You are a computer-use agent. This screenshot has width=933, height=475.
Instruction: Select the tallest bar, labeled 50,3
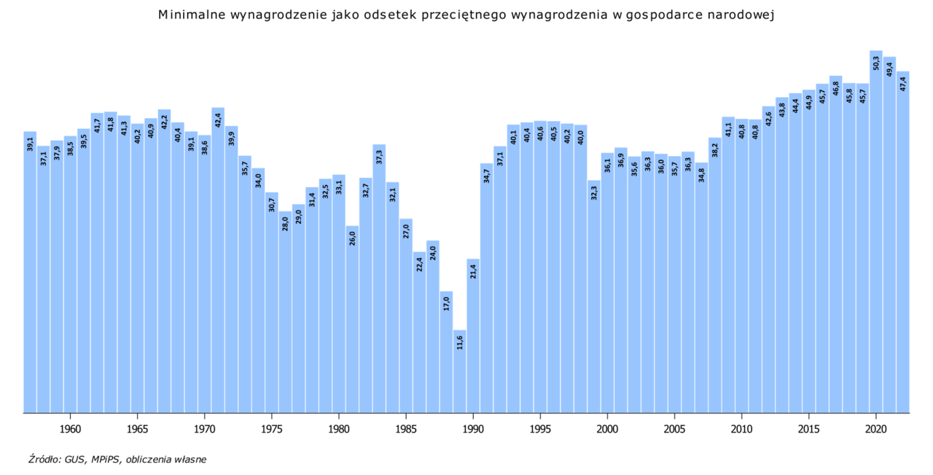[x=876, y=233]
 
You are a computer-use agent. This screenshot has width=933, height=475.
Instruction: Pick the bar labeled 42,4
[x=218, y=262]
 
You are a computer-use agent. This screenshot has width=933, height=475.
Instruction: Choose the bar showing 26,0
[x=352, y=321]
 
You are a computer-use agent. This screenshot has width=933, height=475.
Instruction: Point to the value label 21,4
[x=473, y=272]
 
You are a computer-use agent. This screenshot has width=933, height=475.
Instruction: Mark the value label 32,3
[x=594, y=193]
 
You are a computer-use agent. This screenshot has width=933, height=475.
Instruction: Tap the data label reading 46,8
[x=836, y=89]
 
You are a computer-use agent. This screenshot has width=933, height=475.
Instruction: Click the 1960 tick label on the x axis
[x=70, y=428]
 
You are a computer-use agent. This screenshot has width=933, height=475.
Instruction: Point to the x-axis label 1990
[x=473, y=428]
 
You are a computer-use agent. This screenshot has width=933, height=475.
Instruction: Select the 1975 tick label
[x=272, y=428]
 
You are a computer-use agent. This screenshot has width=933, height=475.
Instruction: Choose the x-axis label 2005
[x=674, y=428]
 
